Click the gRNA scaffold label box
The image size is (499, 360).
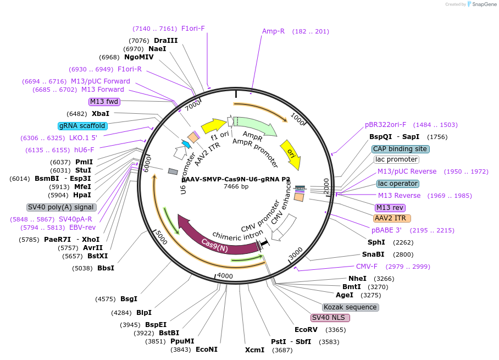[x=82, y=126]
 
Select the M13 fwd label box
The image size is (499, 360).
[x=104, y=102]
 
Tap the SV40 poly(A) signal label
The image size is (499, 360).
[x=62, y=207]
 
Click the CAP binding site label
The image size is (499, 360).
[x=400, y=149]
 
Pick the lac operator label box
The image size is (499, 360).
[x=398, y=184]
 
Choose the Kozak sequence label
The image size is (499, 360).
[x=350, y=307]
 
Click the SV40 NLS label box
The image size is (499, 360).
[x=330, y=318]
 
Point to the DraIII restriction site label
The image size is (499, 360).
[x=165, y=41]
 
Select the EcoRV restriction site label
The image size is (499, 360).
[x=306, y=330]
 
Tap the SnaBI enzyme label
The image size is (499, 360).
[x=373, y=254]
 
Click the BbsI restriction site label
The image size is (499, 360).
[x=106, y=268]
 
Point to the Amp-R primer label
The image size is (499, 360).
[x=273, y=31]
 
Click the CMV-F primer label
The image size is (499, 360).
[x=367, y=267]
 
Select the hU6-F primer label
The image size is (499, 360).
[x=84, y=150]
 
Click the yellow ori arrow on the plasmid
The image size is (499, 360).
[x=290, y=151]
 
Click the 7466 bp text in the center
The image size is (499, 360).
[x=236, y=187]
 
